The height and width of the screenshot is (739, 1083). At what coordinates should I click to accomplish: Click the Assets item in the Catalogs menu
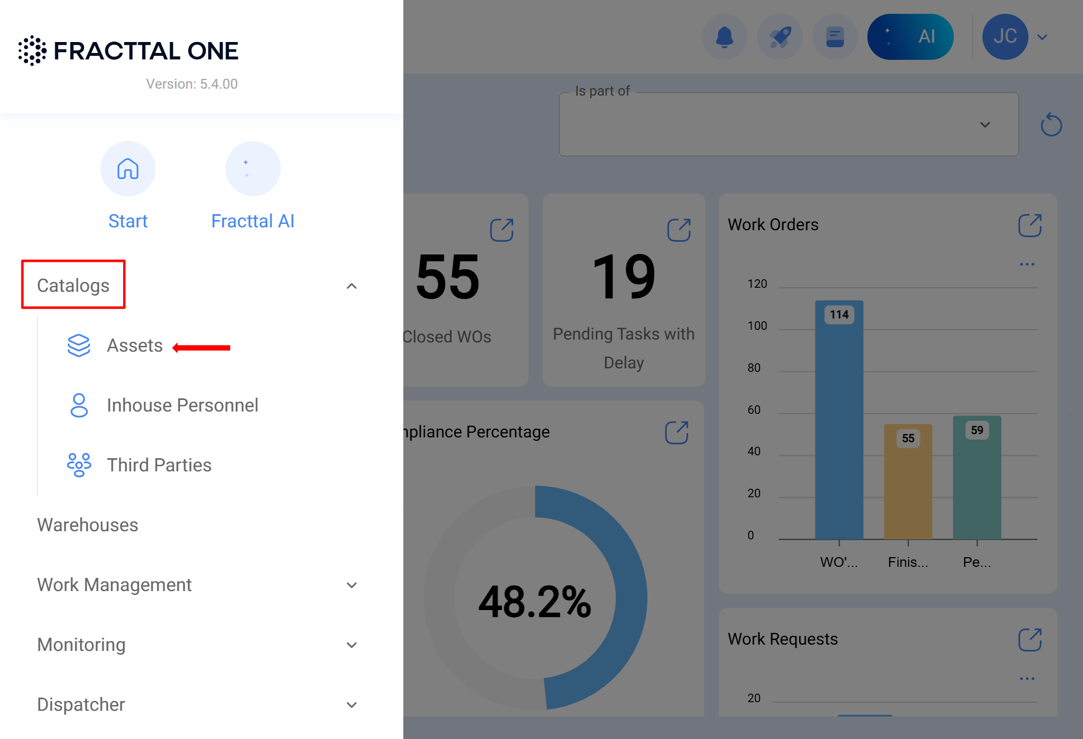[x=135, y=346]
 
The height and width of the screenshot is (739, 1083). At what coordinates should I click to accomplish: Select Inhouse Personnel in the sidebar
[x=182, y=405]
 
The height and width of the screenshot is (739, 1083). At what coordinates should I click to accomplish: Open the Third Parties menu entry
[x=159, y=465]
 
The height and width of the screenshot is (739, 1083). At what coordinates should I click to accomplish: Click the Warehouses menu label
[x=87, y=525]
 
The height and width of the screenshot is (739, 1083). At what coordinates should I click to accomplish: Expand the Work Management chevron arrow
[x=352, y=585]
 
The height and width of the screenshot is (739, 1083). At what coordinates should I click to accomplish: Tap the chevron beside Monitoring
[x=352, y=645]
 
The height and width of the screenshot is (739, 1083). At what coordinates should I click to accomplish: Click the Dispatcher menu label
[x=81, y=704]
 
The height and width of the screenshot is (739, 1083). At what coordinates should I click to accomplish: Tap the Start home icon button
[x=128, y=169]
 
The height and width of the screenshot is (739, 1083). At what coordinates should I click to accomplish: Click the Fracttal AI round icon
[x=253, y=169]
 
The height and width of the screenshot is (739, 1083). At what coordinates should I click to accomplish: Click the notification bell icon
[x=724, y=37]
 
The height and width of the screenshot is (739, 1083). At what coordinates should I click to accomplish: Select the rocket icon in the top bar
[x=779, y=37]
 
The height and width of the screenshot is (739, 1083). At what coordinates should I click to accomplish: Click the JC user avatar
[x=1005, y=37]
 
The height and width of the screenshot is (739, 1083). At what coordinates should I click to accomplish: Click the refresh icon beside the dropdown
[x=1051, y=125]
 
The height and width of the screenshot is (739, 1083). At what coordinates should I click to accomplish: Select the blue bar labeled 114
[x=839, y=420]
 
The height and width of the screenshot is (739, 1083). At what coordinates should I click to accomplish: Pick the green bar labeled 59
[x=977, y=478]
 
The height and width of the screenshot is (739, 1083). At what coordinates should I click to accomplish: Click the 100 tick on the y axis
[x=757, y=326]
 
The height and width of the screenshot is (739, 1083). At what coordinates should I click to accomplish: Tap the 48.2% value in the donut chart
[x=535, y=602]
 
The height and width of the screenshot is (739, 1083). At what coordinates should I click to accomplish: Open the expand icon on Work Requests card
[x=1029, y=639]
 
